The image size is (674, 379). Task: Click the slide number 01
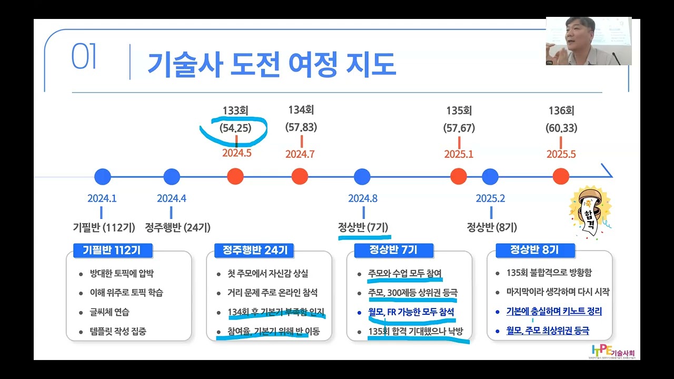point(84,58)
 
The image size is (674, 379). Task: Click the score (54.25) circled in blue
point(235,128)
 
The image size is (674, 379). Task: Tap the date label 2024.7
point(300,154)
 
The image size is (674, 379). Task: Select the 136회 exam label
point(561,111)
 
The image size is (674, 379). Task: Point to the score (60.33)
point(561,128)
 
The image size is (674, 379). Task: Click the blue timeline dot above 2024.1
point(102,177)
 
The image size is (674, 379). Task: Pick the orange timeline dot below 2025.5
point(561,177)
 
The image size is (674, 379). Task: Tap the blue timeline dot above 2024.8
point(362,177)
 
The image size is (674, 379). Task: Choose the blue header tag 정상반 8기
point(534,250)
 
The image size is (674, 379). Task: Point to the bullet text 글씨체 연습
point(110,312)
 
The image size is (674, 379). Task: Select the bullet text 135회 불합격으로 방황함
point(549,273)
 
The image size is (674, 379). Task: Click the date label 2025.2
point(490,198)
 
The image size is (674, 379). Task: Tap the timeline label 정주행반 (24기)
point(177,227)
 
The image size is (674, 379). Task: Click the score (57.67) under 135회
point(459,128)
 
